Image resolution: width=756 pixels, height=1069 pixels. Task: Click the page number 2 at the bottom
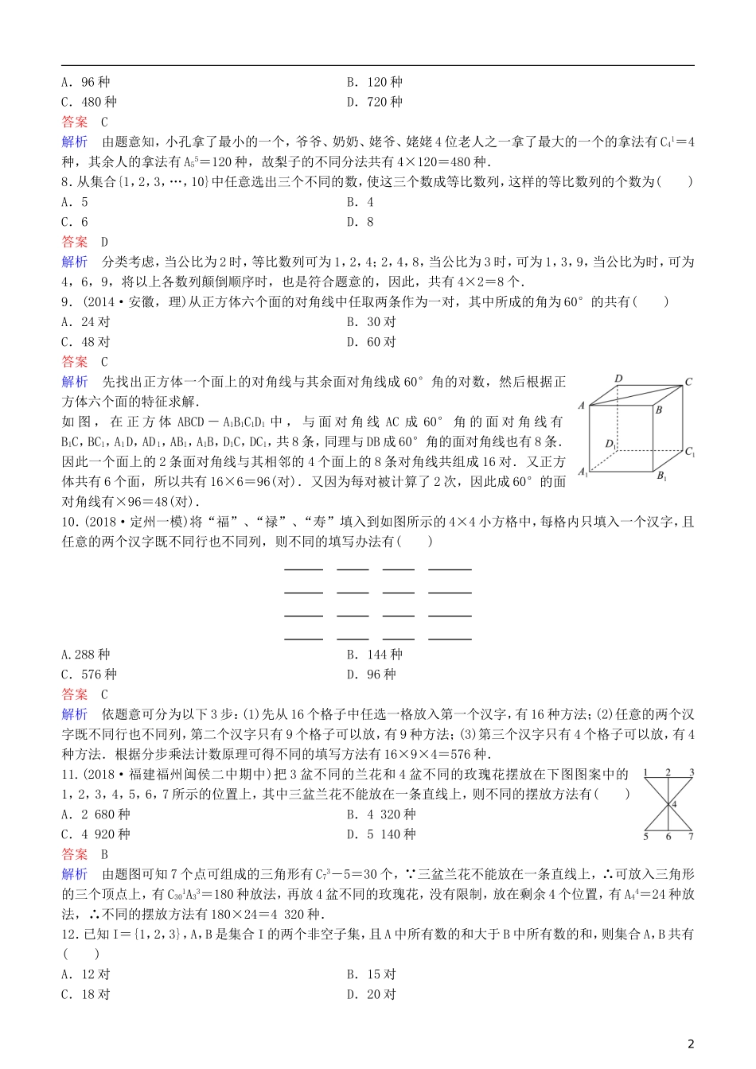(691, 1044)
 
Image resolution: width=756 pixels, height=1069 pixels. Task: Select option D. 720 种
(374, 102)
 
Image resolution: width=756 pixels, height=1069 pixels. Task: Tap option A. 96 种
(86, 82)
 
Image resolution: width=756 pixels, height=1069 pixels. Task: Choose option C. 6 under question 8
(75, 222)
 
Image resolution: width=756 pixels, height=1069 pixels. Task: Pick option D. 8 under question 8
(360, 222)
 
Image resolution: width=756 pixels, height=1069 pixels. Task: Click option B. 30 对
(371, 322)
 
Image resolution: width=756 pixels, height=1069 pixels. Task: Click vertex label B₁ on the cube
(661, 476)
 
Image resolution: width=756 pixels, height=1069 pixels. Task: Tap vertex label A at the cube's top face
(582, 405)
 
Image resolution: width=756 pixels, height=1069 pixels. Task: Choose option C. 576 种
(89, 674)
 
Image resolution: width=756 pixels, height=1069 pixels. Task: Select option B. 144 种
(374, 655)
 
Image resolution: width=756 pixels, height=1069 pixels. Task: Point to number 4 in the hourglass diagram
(674, 805)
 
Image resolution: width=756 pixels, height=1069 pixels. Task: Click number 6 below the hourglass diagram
(668, 836)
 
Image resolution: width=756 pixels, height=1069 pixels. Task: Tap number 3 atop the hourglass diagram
(692, 772)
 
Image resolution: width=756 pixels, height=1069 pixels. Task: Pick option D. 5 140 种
(381, 834)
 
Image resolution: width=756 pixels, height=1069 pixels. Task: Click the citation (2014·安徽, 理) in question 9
(127, 301)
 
